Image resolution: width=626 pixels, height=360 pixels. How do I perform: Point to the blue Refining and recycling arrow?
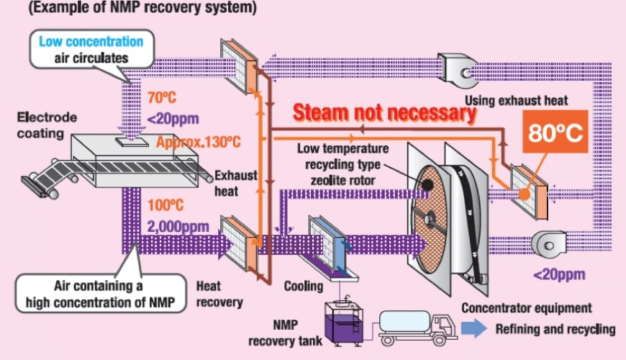(x=474, y=328)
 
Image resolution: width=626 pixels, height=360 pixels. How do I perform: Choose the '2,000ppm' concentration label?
(x=178, y=226)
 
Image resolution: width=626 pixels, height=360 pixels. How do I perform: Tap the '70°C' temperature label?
(x=162, y=96)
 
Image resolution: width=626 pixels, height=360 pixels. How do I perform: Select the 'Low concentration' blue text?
(x=91, y=42)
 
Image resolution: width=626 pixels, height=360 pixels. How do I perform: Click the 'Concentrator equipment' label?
(x=527, y=308)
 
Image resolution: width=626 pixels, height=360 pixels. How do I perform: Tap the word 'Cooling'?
(x=304, y=286)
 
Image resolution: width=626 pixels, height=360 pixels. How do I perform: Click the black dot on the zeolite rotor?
(x=427, y=184)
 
